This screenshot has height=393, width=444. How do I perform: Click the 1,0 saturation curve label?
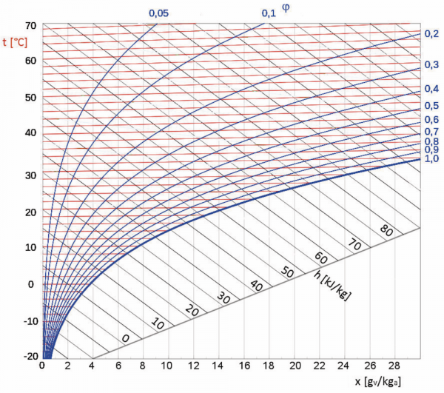pyautogui.click(x=432, y=158)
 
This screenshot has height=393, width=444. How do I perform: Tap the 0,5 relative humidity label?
pyautogui.click(x=432, y=104)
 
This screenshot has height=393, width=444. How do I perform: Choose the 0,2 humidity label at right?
pyautogui.click(x=432, y=34)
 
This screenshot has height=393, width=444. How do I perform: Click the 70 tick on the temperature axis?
pyautogui.click(x=30, y=24)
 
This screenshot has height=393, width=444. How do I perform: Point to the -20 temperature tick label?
pyautogui.click(x=27, y=356)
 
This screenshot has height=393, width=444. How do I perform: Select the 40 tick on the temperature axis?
pyautogui.click(x=30, y=132)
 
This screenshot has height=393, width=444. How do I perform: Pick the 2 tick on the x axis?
pyautogui.click(x=68, y=367)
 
